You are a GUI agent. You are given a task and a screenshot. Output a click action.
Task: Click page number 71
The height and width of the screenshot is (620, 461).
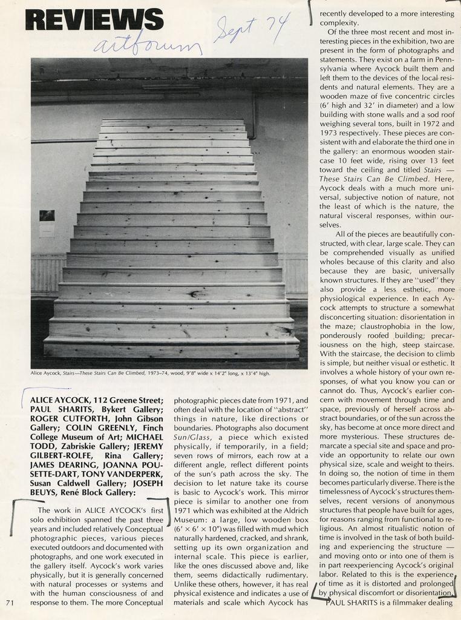tap(10, 602)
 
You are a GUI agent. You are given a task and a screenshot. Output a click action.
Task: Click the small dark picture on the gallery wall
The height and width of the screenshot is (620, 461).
tap(47, 215)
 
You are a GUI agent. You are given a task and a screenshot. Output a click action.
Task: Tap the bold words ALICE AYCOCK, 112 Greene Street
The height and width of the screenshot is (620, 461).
tap(92, 400)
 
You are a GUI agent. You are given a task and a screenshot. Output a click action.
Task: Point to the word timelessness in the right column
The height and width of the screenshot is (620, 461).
tap(344, 493)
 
